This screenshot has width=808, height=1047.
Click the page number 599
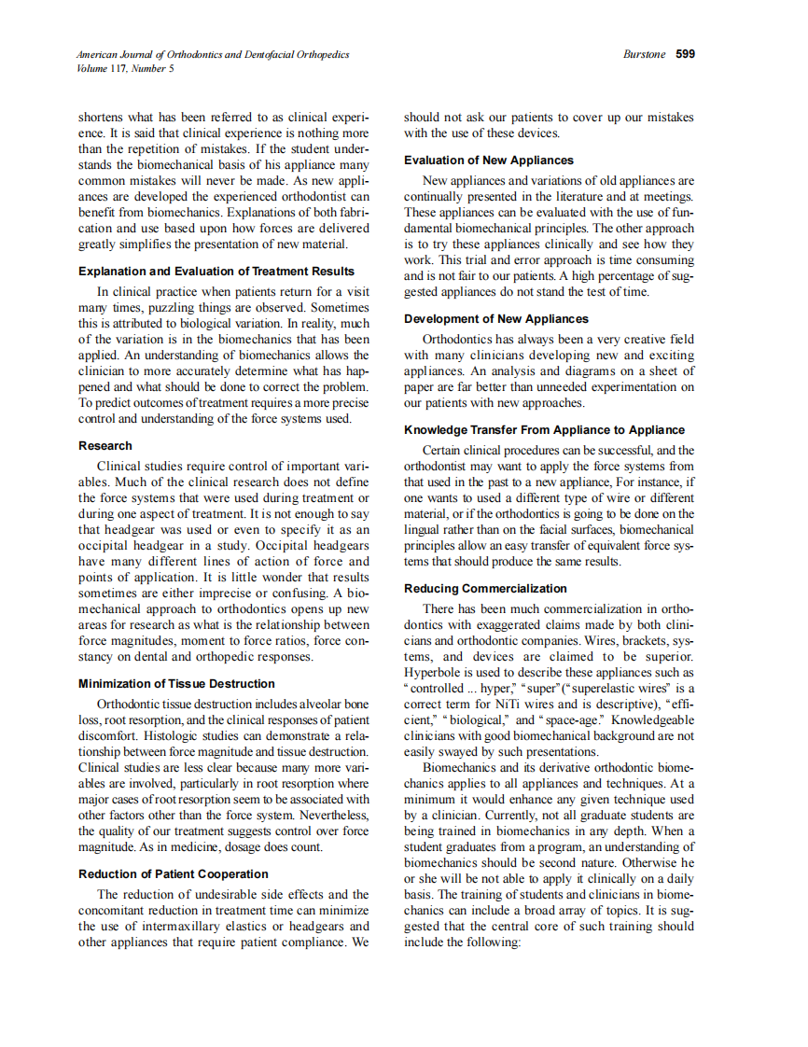[x=685, y=54]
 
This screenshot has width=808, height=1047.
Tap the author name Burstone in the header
[x=644, y=54]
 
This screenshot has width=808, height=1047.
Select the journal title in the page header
[x=214, y=54]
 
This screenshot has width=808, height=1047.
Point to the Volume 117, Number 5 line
[x=125, y=68]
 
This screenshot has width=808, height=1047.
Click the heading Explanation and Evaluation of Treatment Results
[x=216, y=271]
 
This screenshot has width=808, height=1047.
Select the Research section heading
[x=105, y=445]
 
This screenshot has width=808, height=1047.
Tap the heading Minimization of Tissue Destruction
[x=176, y=683]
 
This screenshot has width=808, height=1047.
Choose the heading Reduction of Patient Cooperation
[x=174, y=873]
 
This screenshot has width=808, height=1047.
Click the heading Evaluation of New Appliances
[x=489, y=160]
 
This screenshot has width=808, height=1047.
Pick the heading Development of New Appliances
[x=496, y=318]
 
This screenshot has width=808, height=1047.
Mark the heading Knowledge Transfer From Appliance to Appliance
[x=544, y=429]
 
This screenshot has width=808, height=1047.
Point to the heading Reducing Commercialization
[x=485, y=588]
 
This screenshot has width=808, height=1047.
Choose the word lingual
[x=426, y=529]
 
